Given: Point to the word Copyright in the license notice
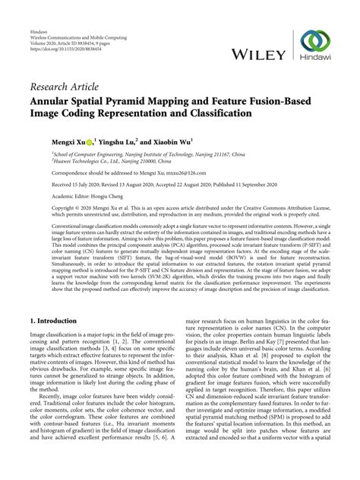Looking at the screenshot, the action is point(46,207).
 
